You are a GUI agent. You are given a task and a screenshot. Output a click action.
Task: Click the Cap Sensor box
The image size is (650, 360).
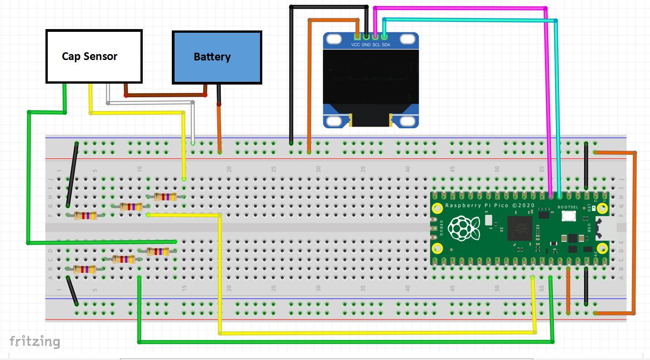coord(94,56)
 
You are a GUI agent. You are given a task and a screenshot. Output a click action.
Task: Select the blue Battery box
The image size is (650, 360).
coord(217,57)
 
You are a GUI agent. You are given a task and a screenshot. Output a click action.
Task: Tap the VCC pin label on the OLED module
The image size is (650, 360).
coord(356,45)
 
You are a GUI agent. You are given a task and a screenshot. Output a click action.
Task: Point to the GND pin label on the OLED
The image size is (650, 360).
coord(366,45)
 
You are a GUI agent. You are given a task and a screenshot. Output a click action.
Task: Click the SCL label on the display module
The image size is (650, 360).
coord(376,45)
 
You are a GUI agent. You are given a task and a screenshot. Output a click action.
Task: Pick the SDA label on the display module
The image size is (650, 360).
coord(386,45)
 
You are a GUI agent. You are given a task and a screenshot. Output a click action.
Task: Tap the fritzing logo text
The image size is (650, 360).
coord(35,341)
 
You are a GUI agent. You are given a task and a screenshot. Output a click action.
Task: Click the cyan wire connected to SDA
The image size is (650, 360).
coord(468,19)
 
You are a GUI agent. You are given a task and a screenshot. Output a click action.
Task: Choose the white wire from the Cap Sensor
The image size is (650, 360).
coord(150,103)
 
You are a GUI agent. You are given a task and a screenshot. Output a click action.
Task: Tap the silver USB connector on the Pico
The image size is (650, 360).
coord(605,228)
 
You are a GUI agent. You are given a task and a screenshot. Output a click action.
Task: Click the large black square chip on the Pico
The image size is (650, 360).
coord(519,228)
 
